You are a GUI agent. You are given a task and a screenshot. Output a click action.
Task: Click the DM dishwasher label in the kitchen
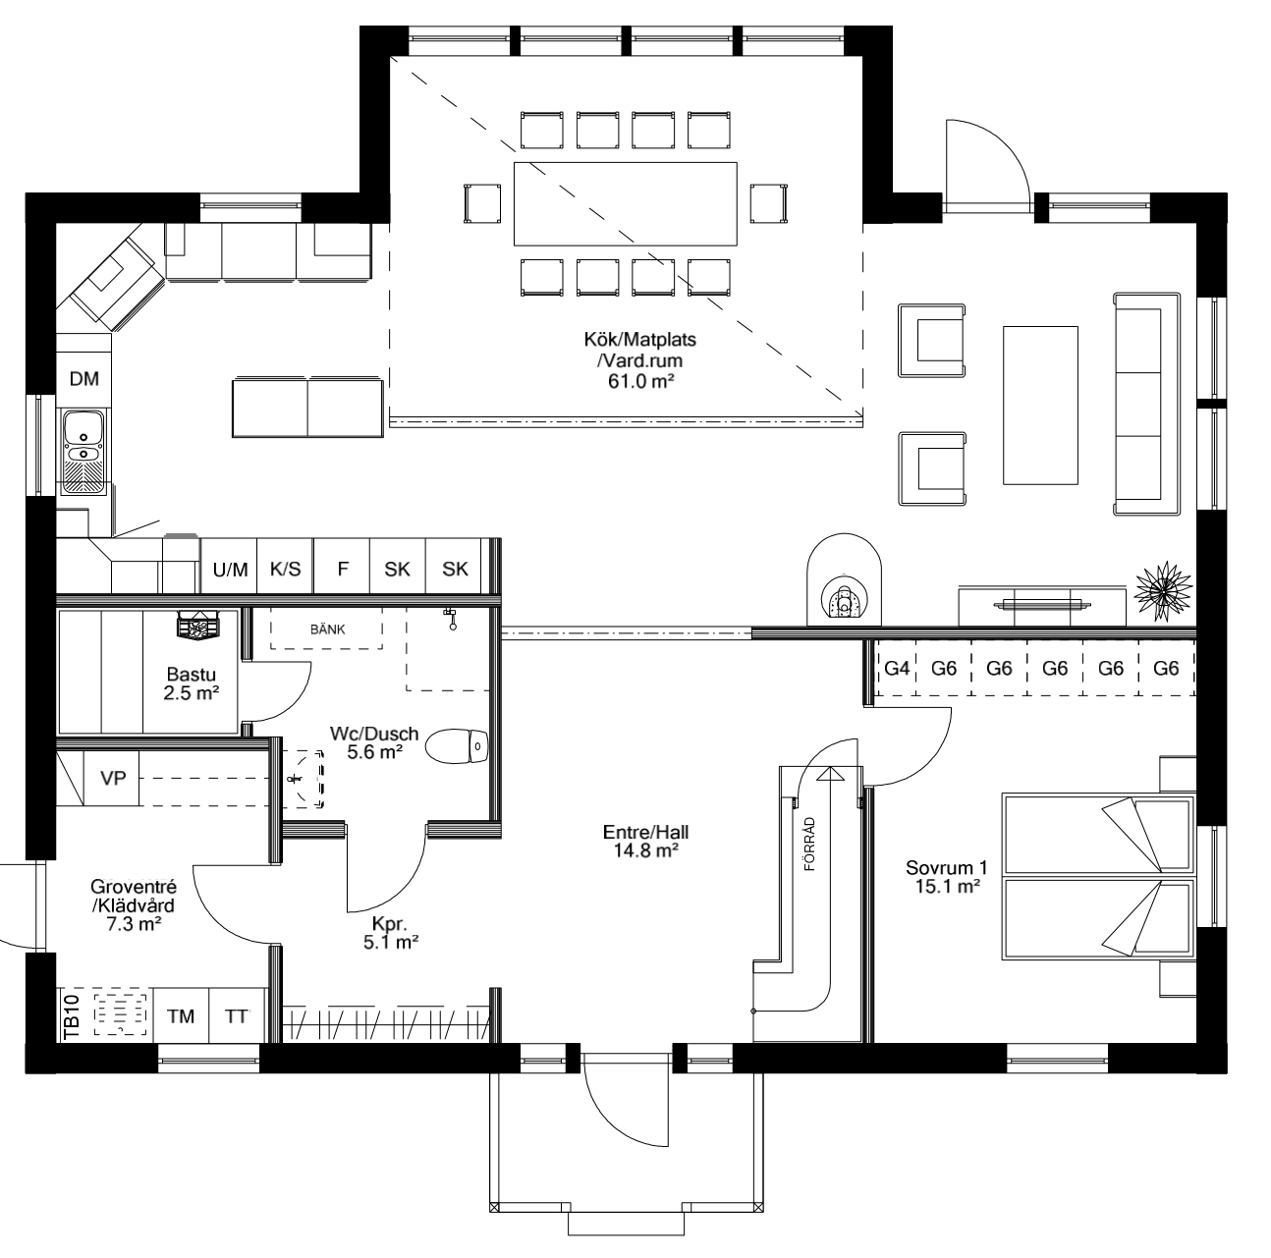pyautogui.click(x=84, y=379)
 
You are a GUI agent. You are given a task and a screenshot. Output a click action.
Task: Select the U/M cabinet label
pyautogui.click(x=230, y=570)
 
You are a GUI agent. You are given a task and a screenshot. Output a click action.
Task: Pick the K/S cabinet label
pyautogui.click(x=286, y=570)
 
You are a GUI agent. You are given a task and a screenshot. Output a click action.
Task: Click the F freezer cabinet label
pyautogui.click(x=343, y=570)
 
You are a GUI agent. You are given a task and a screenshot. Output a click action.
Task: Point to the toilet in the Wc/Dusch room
pyautogui.click(x=458, y=746)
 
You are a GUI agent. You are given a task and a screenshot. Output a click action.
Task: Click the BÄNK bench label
pyautogui.click(x=327, y=629)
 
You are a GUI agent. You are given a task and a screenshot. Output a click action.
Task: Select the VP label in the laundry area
pyautogui.click(x=113, y=778)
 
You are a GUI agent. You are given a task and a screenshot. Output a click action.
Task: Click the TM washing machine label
pyautogui.click(x=181, y=1016)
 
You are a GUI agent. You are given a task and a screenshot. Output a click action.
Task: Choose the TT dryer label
pyautogui.click(x=237, y=1016)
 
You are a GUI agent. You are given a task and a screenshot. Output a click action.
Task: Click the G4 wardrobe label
pyautogui.click(x=897, y=669)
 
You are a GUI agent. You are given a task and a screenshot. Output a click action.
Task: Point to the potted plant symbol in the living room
pyautogui.click(x=1163, y=591)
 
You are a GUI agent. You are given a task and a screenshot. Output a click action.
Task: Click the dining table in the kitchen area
pyautogui.click(x=625, y=204)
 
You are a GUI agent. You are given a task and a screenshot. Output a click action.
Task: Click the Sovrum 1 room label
pyautogui.click(x=946, y=877)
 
